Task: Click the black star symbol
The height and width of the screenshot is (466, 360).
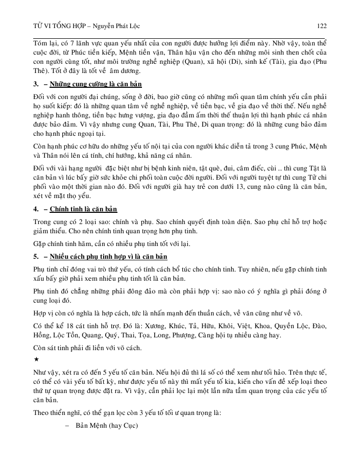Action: point(36,360)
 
